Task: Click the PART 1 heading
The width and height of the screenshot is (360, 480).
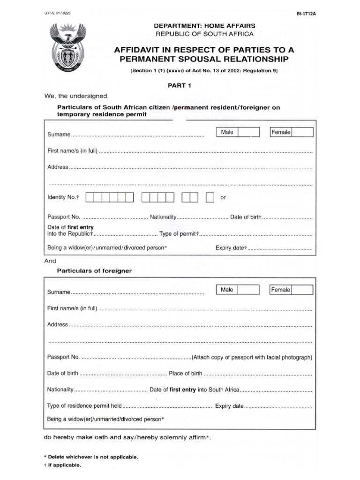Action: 180,86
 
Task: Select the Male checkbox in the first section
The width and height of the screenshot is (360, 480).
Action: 248,132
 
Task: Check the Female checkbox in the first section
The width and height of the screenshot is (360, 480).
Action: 302,132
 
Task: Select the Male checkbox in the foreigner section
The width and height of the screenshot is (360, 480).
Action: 248,290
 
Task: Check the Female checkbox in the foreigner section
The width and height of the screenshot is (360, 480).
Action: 302,290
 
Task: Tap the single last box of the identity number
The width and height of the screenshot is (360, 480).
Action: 210,197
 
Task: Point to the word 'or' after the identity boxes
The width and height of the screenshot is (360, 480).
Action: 223,198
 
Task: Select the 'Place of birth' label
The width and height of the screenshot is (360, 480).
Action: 186,374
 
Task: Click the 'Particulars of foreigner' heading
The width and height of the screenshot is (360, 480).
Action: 94,271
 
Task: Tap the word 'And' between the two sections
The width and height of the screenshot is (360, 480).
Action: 50,261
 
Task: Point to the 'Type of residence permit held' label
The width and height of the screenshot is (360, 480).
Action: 84,406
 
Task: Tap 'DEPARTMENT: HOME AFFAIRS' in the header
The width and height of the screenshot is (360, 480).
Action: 205,26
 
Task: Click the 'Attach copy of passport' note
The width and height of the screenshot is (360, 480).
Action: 252,357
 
